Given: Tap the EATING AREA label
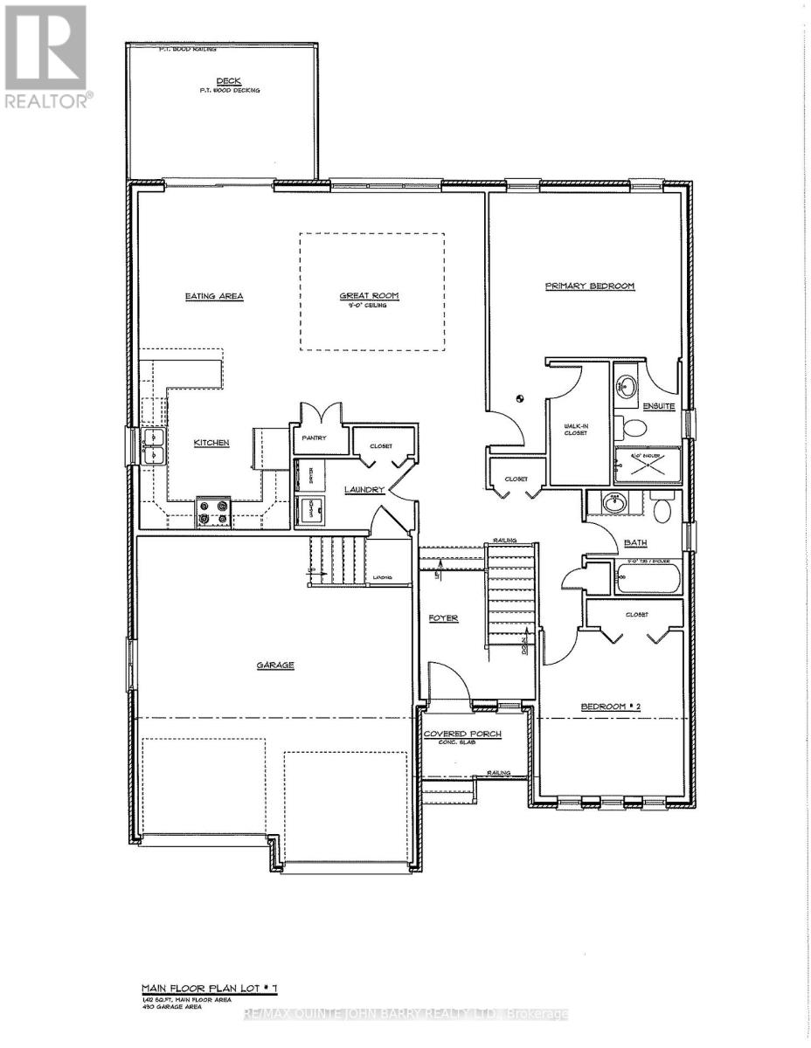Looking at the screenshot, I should [x=214, y=296].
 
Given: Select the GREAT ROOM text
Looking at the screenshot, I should [x=369, y=296].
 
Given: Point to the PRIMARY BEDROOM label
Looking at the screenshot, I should [x=589, y=286].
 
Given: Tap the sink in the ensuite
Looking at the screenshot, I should [x=627, y=385].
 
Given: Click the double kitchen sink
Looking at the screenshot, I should [x=153, y=445].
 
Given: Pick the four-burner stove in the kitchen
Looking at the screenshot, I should [x=213, y=512].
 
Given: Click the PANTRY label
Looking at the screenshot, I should [x=313, y=438].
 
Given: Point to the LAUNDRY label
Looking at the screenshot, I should [x=364, y=490].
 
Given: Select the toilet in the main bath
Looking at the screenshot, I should [x=662, y=508].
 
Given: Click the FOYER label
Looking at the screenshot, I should [x=443, y=618].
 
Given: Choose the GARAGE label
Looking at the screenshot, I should [x=275, y=665].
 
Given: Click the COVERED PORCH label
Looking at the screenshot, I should [x=462, y=734].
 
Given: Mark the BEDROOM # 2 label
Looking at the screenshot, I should [x=612, y=707].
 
